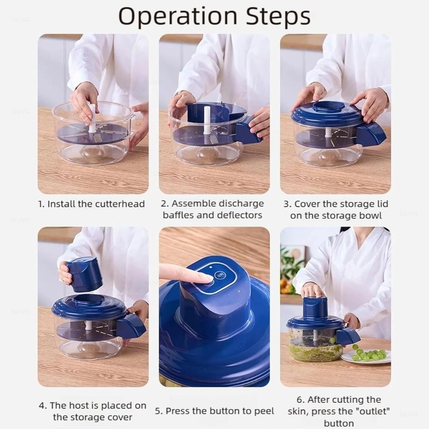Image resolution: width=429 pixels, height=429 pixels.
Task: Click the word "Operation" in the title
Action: click(178, 17)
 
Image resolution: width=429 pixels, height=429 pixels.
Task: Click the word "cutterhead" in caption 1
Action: click(120, 204)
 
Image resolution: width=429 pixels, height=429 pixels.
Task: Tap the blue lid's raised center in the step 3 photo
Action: click(328, 106)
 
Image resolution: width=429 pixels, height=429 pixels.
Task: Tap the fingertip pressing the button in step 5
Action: click(207, 278)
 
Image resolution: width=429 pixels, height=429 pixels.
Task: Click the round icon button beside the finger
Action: click(220, 275)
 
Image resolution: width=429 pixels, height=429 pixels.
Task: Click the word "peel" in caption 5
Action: click(264, 411)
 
